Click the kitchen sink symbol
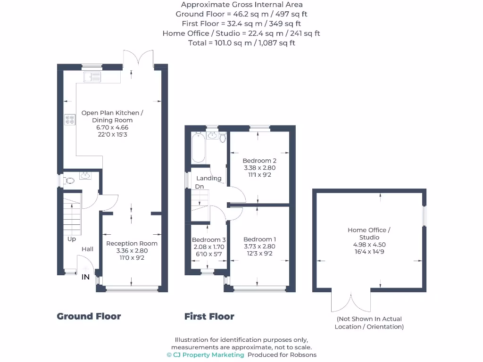[92, 76]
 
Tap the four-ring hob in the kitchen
[69, 120]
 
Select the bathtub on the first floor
[197, 147]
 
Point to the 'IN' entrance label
[85, 277]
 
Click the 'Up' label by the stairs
[72, 239]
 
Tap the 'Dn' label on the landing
[200, 187]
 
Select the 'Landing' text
[208, 178]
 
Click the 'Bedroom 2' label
[259, 161]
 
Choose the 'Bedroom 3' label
[208, 239]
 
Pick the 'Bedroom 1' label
[259, 239]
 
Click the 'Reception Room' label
[132, 244]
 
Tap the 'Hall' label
[87, 249]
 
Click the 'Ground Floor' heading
[89, 316]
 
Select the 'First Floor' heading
[209, 316]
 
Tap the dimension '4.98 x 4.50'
[369, 245]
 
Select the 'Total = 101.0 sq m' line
[241, 43]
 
